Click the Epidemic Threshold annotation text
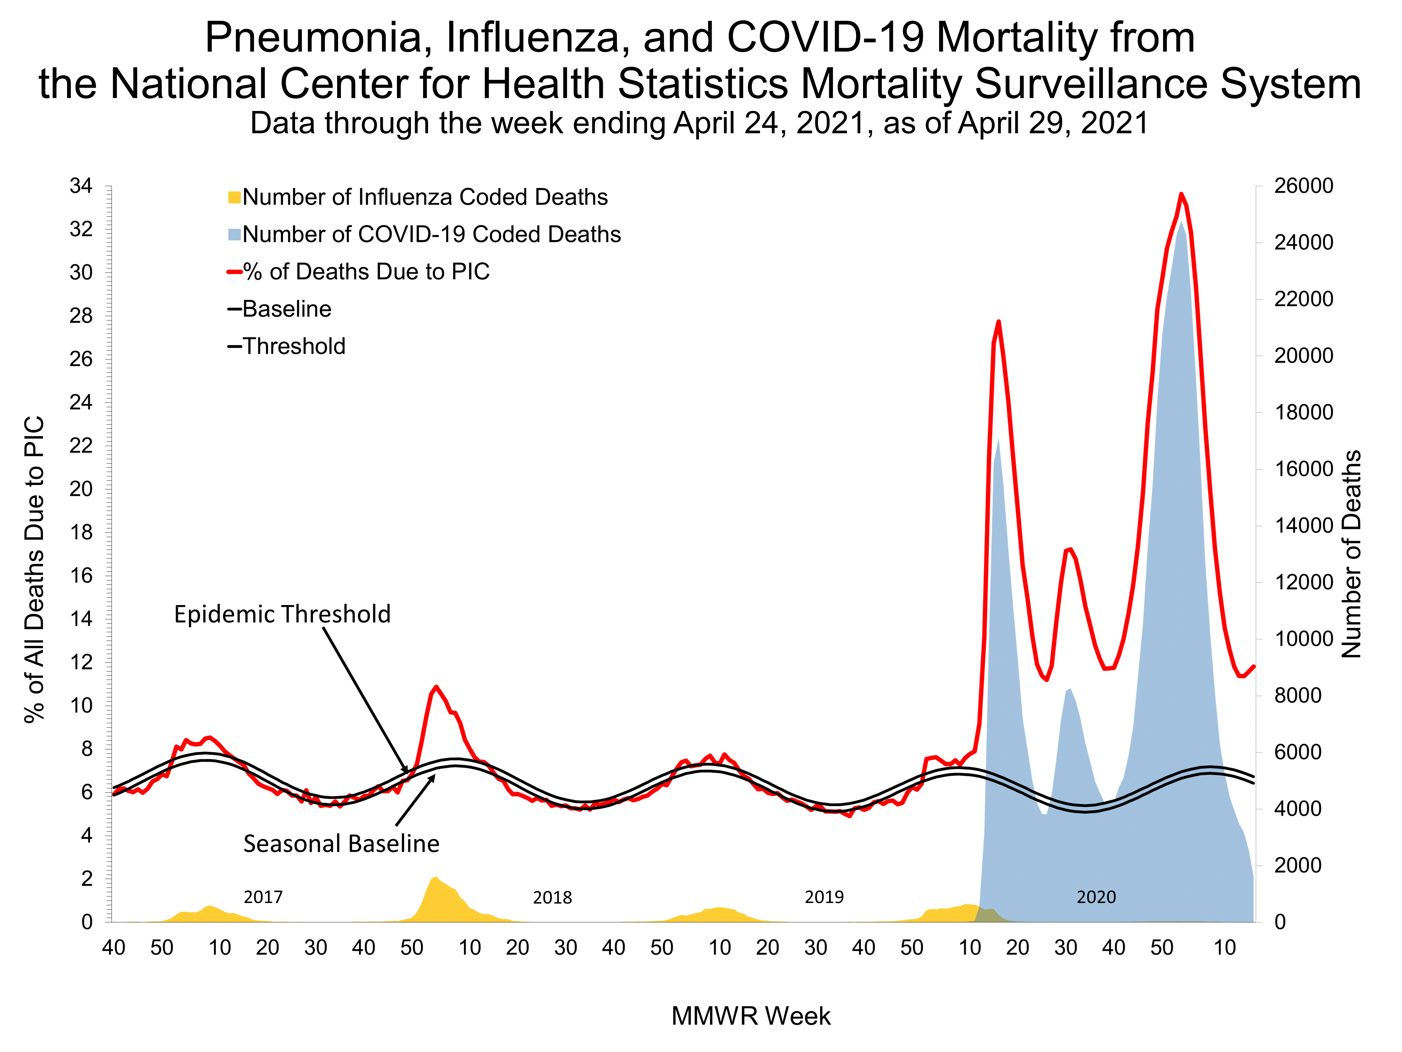(282, 614)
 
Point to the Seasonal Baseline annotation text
(341, 844)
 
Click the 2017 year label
(263, 897)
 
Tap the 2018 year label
(552, 897)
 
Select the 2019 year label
(824, 897)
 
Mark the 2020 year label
(1096, 897)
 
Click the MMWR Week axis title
(751, 1016)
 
